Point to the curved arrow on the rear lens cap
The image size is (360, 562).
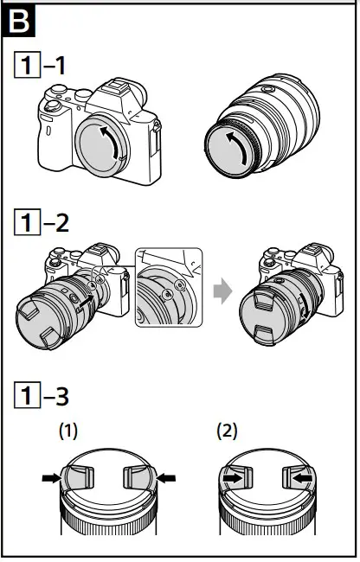234,146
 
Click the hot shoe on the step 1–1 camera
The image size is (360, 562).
120,90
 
